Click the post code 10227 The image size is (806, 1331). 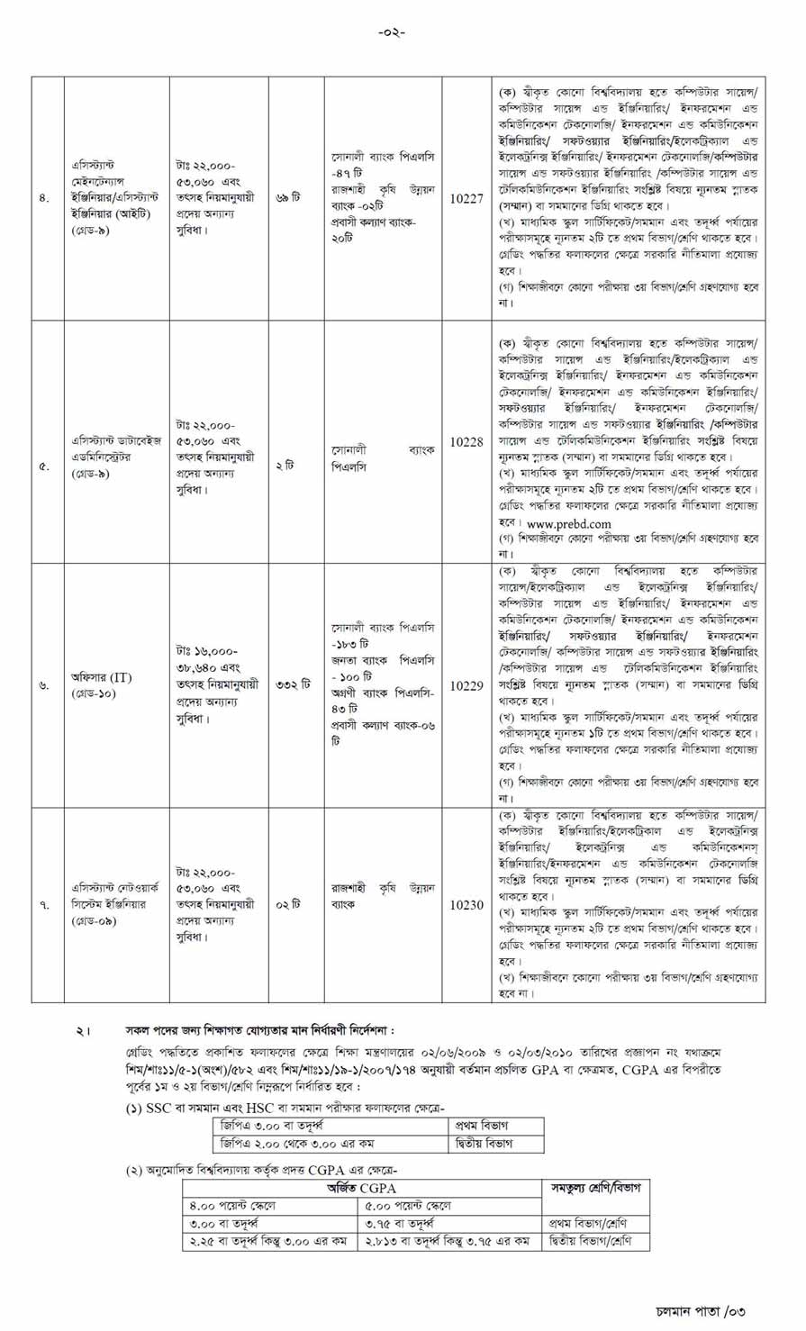pos(466,199)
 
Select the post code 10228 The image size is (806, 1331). pos(466,442)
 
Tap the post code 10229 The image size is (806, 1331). pos(466,686)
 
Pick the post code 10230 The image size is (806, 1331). pos(466,905)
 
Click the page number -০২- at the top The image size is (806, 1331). pos(392,32)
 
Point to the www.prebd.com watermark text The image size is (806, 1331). pos(569,523)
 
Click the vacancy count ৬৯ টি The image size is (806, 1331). pos(288,198)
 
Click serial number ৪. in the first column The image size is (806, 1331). pos(44,199)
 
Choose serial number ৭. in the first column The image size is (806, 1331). pos(44,905)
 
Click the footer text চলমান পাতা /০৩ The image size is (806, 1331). pos(700,1310)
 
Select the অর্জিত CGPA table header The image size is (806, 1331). pos(361,1188)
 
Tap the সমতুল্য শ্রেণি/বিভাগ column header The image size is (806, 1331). pos(595,1188)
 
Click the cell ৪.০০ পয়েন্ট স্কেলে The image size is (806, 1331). pos(232,1206)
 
